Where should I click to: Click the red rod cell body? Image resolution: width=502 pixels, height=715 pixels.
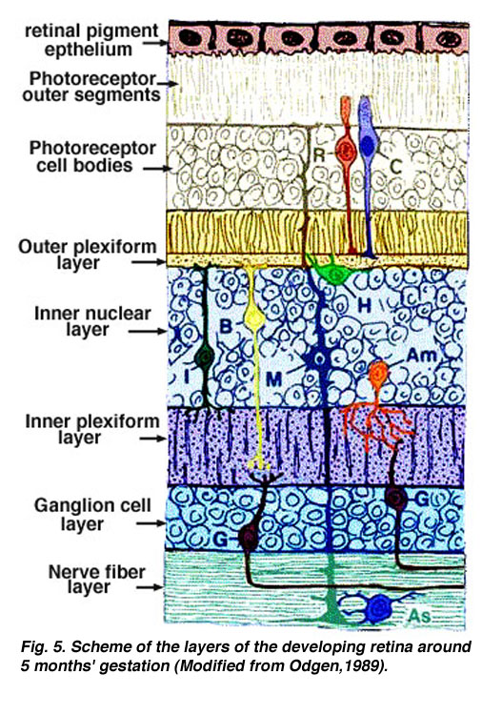(347, 149)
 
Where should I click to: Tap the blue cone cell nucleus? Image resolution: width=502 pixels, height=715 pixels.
(367, 145)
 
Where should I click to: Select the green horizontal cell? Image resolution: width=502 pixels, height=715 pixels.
(336, 273)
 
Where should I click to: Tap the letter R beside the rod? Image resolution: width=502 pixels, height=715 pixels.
(320, 155)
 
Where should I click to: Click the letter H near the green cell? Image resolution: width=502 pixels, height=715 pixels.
(364, 305)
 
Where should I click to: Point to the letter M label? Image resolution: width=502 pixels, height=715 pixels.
(273, 378)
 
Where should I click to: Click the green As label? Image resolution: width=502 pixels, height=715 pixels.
(419, 616)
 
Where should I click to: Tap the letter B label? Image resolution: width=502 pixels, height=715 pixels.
(227, 326)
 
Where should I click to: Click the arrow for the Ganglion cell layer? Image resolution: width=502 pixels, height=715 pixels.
(151, 523)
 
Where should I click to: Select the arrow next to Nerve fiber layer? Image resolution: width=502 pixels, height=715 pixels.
(150, 587)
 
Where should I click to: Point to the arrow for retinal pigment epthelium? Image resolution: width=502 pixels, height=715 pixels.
(155, 43)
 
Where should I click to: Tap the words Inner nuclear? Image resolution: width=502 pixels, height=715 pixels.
(92, 314)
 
